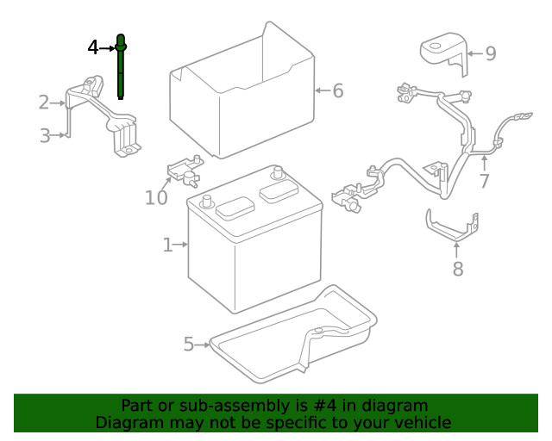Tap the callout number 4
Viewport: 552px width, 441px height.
pyautogui.click(x=94, y=47)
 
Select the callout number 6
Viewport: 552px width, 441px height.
pyautogui.click(x=337, y=90)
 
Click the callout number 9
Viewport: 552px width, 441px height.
pyautogui.click(x=490, y=53)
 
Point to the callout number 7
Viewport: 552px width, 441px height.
pyautogui.click(x=484, y=181)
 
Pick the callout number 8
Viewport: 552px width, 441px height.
pyautogui.click(x=457, y=269)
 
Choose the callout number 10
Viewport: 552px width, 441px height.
pyautogui.click(x=155, y=198)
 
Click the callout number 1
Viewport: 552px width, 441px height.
pyautogui.click(x=167, y=245)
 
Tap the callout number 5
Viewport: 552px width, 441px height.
pyautogui.click(x=189, y=345)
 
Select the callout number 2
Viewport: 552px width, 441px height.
pyautogui.click(x=43, y=102)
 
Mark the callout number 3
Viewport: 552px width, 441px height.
pyautogui.click(x=45, y=134)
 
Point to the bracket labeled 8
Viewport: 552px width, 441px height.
pyautogui.click(x=452, y=228)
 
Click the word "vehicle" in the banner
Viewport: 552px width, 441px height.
pyautogui.click(x=422, y=422)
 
